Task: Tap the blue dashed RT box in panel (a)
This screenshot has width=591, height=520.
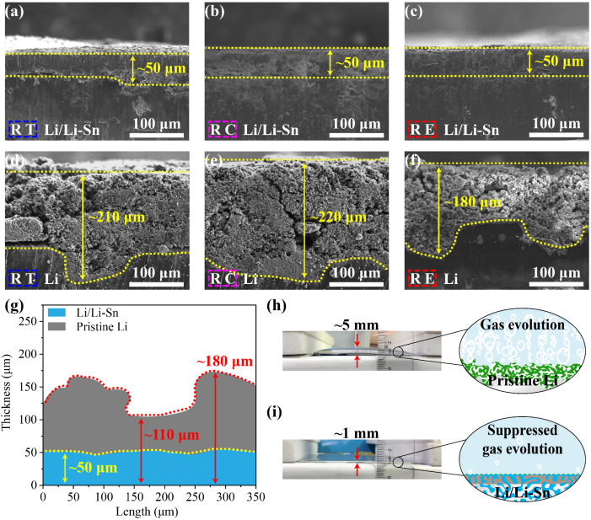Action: click(22, 130)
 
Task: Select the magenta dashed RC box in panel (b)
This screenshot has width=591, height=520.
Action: click(223, 130)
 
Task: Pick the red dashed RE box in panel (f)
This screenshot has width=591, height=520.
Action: click(422, 276)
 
